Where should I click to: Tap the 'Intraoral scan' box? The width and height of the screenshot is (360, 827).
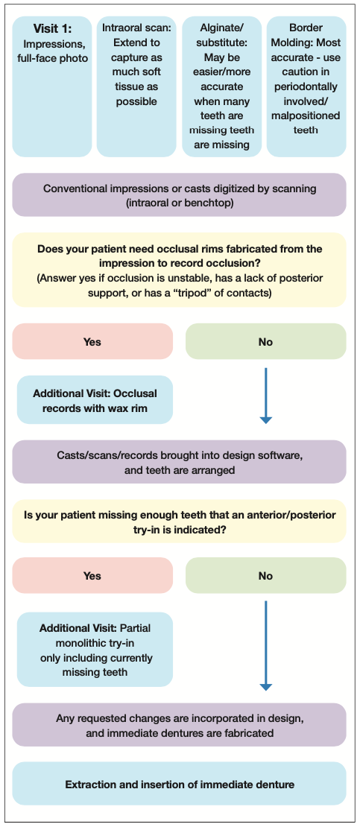(136, 86)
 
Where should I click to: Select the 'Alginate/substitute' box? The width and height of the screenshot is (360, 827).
(221, 86)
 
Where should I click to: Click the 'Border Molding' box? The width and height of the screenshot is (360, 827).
(306, 86)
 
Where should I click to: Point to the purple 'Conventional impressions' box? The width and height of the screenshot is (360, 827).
(180, 194)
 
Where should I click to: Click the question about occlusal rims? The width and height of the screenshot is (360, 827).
(180, 270)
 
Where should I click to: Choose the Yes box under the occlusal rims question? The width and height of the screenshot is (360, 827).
(92, 342)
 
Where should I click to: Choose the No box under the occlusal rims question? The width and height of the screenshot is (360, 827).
(266, 342)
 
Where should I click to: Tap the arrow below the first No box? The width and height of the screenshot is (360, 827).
(265, 396)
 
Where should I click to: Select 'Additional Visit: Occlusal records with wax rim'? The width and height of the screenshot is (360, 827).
(95, 400)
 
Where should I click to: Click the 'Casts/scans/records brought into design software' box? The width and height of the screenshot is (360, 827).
(180, 462)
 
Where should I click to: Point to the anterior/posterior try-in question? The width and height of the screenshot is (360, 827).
(180, 521)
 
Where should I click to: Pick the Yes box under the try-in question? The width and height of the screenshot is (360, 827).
(92, 576)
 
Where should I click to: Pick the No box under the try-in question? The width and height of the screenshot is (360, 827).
(266, 576)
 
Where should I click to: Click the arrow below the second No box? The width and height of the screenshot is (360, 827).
(265, 645)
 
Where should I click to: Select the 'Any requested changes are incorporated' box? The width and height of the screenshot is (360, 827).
(180, 725)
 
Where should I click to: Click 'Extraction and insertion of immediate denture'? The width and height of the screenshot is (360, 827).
(180, 785)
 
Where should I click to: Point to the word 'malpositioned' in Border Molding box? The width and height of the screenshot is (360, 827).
(306, 115)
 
